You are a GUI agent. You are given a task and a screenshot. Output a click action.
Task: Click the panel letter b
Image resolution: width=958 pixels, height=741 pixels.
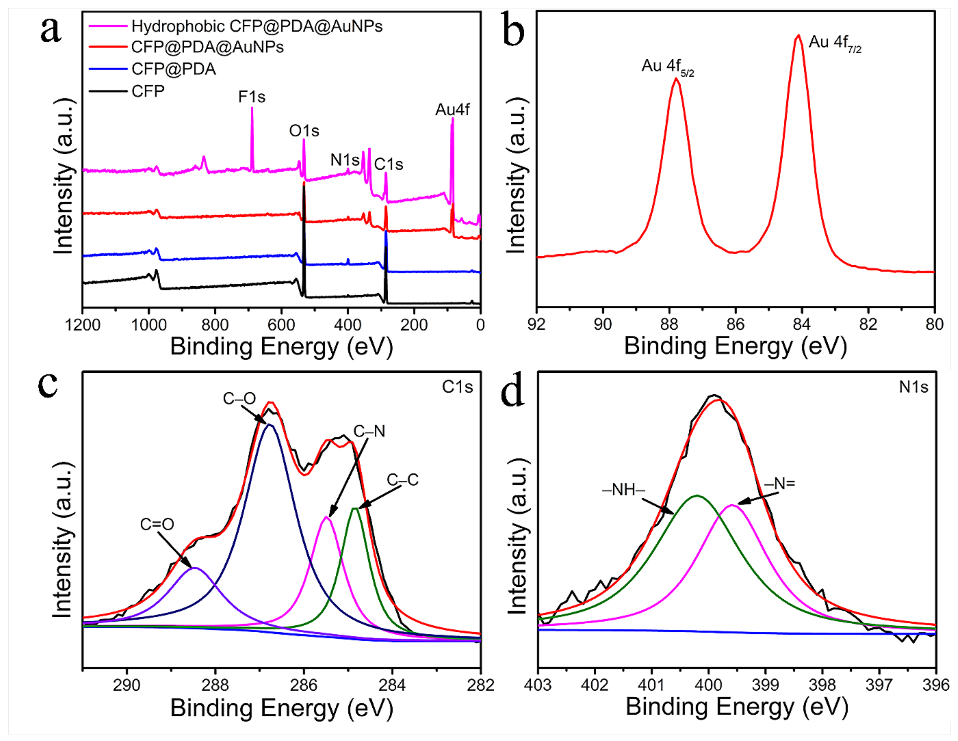point(513,30)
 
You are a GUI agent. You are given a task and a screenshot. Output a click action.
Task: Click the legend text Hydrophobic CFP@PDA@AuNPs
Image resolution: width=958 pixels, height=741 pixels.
point(257,26)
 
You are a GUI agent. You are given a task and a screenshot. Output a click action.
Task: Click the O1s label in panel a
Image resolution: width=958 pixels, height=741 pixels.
point(304,131)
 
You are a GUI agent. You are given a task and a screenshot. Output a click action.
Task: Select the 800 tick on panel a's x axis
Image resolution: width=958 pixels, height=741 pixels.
point(215,325)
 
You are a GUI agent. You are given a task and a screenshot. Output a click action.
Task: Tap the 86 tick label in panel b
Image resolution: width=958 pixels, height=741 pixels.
point(735,324)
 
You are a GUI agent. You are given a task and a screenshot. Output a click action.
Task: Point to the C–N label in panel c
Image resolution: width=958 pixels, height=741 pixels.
point(369,432)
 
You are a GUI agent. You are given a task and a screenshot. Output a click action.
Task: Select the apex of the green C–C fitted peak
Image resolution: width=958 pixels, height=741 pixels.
point(355,508)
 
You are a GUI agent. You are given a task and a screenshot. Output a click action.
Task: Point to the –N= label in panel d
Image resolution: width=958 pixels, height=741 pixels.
point(779,484)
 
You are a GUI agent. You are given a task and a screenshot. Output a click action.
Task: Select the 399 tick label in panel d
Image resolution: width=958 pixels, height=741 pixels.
point(765,684)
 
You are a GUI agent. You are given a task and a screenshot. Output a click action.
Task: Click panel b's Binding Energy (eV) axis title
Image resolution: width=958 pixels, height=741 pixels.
point(735,346)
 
